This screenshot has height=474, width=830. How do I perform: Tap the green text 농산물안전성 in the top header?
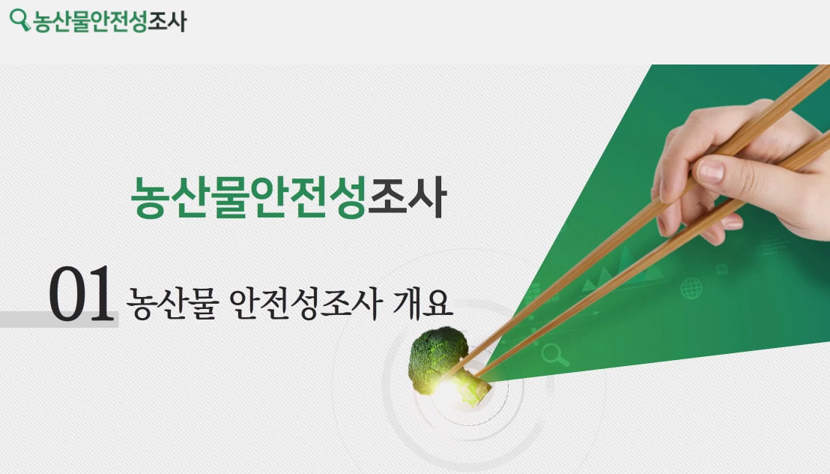point(89,20)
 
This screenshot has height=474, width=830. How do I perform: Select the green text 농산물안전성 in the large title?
point(248,196)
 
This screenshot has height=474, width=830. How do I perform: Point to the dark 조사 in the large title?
point(407,196)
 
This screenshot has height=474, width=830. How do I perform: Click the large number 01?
point(80,295)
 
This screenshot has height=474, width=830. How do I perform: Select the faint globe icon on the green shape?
point(691,288)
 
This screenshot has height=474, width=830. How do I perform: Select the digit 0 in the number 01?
point(67,295)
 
